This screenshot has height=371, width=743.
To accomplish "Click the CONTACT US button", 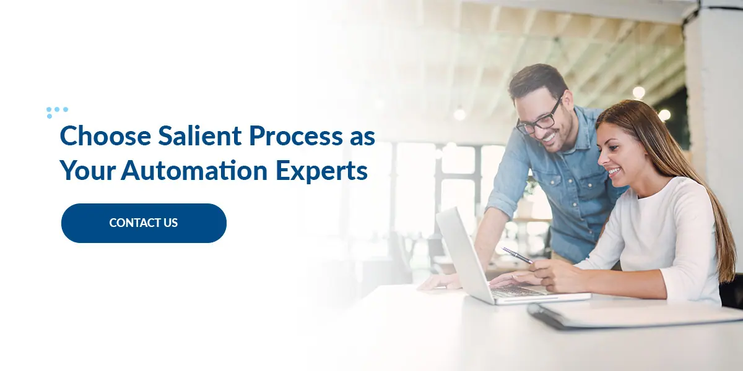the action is [144, 223].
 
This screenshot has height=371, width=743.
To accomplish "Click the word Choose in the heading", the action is [105, 135].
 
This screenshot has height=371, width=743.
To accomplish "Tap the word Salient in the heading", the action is [199, 135].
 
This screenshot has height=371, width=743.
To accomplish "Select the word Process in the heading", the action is [295, 135].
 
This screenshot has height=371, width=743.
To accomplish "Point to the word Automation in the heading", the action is [194, 170].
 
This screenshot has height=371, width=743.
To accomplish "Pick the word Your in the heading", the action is [87, 171].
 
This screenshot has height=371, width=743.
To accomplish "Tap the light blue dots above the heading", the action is [57, 112].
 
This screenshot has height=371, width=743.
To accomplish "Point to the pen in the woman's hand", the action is [517, 255].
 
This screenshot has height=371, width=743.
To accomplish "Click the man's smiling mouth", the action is [549, 137].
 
